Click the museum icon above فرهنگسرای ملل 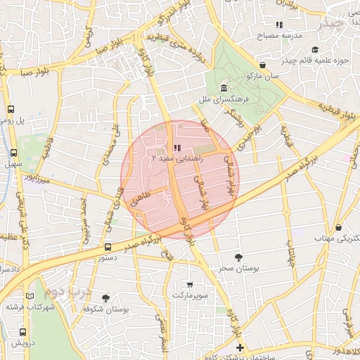click(x=224, y=88)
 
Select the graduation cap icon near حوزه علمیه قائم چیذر click(x=315, y=49)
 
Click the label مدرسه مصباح click(x=286, y=35)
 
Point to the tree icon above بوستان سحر click(x=238, y=257)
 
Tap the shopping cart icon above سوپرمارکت click(x=191, y=284)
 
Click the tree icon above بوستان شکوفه click(x=106, y=298)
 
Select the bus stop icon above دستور click(x=108, y=247)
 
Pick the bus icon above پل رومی click(x=11, y=109)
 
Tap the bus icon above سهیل click(x=13, y=153)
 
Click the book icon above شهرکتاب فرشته click(x=30, y=296)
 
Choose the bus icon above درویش click(x=22, y=332)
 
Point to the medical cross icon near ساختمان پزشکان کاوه click(x=240, y=347)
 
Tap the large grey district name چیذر click(x=330, y=24)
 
